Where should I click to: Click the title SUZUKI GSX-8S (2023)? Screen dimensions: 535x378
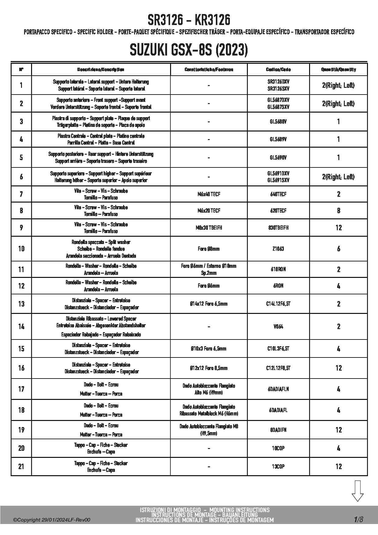pyautogui.click(x=189, y=50)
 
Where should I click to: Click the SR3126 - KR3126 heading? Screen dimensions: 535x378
pyautogui.click(x=189, y=20)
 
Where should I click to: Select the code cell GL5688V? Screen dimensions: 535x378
pyautogui.click(x=278, y=122)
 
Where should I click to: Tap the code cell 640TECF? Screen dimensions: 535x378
pyautogui.click(x=278, y=194)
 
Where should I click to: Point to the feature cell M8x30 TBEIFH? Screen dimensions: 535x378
pyautogui.click(x=209, y=228)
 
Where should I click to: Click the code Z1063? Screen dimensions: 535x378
pyautogui.click(x=278, y=249)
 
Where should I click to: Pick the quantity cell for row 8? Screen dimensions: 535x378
pyautogui.click(x=338, y=211)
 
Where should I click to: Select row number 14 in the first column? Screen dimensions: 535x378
pyautogui.click(x=21, y=327)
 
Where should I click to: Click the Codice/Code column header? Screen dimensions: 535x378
pyautogui.click(x=278, y=70)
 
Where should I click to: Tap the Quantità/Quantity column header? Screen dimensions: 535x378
pyautogui.click(x=338, y=70)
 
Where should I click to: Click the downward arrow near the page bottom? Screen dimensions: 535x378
pyautogui.click(x=357, y=491)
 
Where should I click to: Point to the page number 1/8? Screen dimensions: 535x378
pyautogui.click(x=358, y=519)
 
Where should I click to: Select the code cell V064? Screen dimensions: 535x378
pyautogui.click(x=278, y=327)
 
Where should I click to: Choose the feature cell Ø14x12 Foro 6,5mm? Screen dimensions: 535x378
pyautogui.click(x=209, y=304)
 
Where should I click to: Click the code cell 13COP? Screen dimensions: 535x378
pyautogui.click(x=278, y=467)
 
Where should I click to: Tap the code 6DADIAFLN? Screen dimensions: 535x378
pyautogui.click(x=278, y=389)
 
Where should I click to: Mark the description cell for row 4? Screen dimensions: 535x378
pyautogui.click(x=101, y=139)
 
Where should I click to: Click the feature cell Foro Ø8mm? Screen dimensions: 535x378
pyautogui.click(x=209, y=249)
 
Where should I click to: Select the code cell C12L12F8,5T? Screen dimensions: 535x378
pyautogui.click(x=278, y=368)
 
